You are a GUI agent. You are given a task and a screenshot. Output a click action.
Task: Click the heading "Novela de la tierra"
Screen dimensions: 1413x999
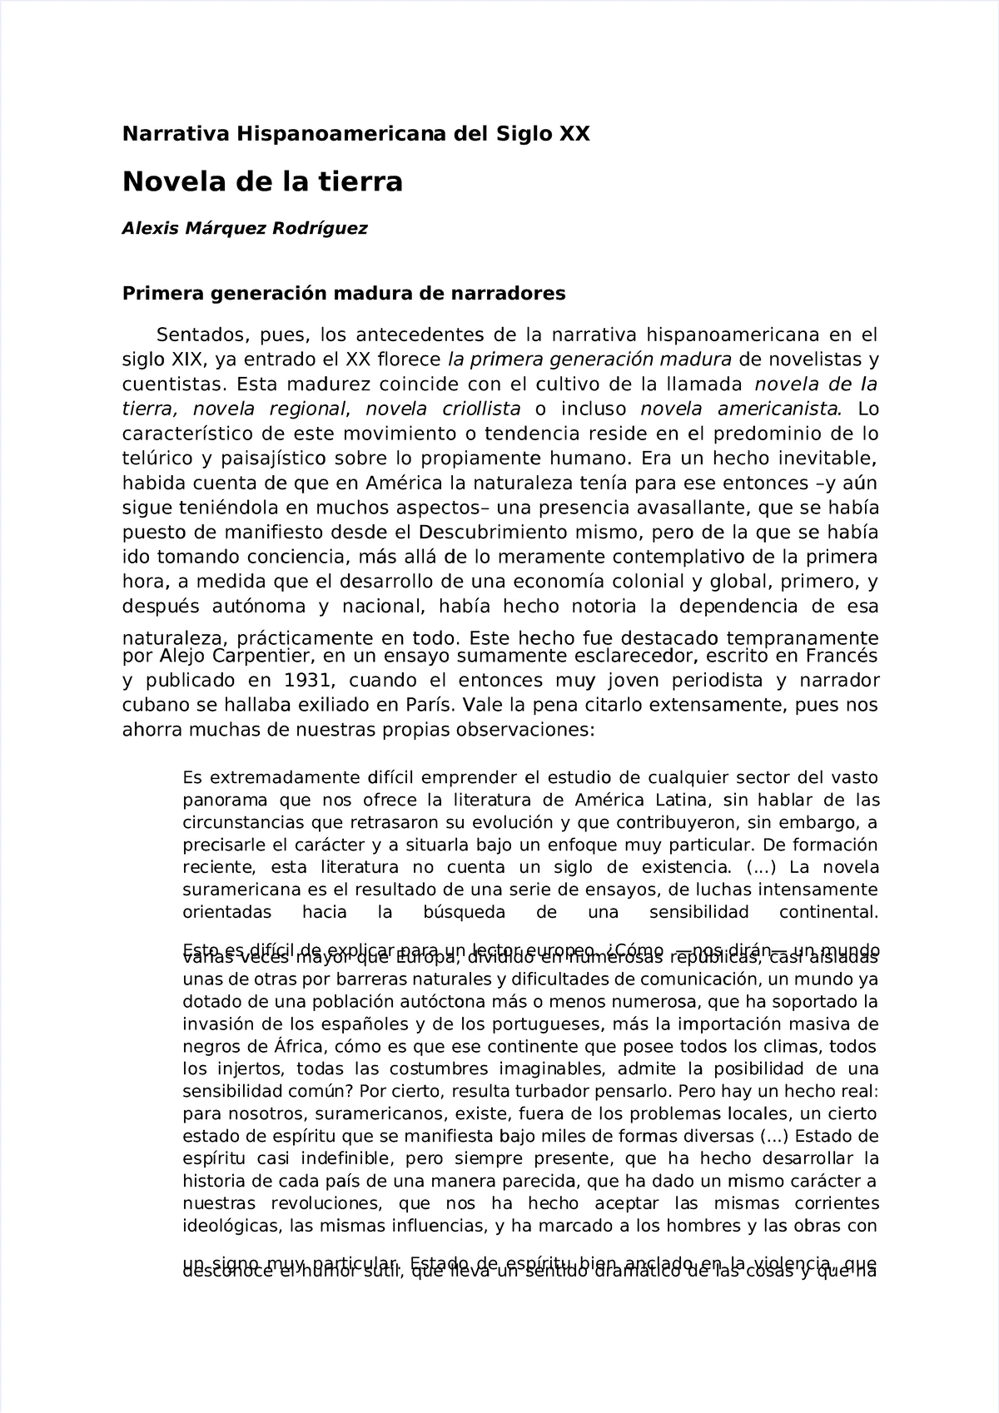pos(262,181)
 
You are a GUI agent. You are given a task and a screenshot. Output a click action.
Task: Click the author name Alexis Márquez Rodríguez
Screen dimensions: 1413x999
pos(244,228)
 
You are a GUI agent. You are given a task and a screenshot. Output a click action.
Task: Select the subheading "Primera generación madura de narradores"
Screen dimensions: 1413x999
pos(344,293)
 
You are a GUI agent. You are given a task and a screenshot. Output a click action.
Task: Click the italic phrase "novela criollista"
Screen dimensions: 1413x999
pos(443,409)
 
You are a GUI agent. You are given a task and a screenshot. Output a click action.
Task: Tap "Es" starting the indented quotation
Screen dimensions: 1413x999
pos(191,778)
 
